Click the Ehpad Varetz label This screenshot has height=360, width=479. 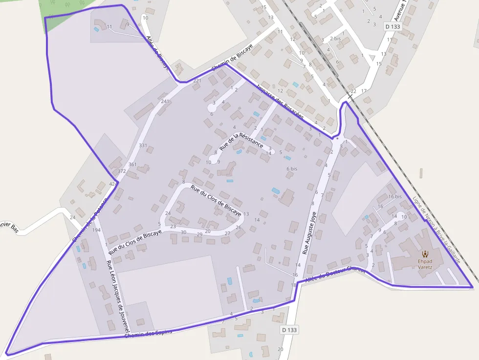pyautogui.click(x=425, y=264)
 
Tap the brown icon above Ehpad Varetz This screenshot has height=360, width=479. pyautogui.click(x=425, y=254)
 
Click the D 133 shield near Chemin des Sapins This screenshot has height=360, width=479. pyautogui.click(x=289, y=330)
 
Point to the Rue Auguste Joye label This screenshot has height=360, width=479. pyautogui.click(x=309, y=233)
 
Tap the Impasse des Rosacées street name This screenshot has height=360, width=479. pyautogui.click(x=280, y=102)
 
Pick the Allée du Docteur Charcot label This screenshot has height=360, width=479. pyautogui.click(x=335, y=274)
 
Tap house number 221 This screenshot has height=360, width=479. pyautogui.click(x=197, y=81)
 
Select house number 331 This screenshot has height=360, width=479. pyautogui.click(x=143, y=146)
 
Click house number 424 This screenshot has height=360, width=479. pyautogui.click(x=113, y=184)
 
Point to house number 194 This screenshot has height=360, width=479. pyautogui.click(x=96, y=230)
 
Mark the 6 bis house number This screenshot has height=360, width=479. pyautogui.click(x=291, y=169)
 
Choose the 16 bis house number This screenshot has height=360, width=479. pyautogui.click(x=395, y=196)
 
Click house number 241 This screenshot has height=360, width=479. pyautogui.click(x=165, y=102)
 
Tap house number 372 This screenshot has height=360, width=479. pyautogui.click(x=122, y=171)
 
